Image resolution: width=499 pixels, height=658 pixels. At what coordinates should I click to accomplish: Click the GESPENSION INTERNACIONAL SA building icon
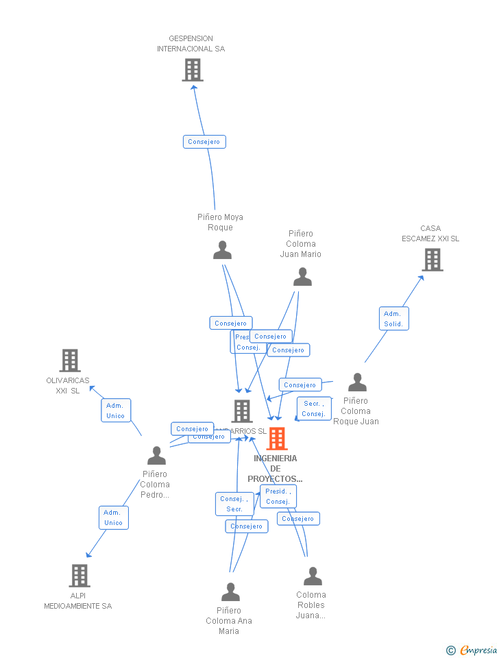tap(193, 70)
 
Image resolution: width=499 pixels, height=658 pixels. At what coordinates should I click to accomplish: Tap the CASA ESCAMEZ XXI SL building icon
tap(432, 260)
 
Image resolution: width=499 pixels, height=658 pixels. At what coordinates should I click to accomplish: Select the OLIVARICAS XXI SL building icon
tap(69, 361)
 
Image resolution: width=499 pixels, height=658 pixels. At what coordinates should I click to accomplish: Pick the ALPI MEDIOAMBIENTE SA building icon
tap(80, 576)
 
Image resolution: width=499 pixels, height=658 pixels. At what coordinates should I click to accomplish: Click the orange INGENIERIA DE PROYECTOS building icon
tap(277, 439)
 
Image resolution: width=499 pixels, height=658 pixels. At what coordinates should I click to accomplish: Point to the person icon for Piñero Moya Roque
tap(222, 250)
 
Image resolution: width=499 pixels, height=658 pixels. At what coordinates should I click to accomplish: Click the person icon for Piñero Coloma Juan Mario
tap(302, 277)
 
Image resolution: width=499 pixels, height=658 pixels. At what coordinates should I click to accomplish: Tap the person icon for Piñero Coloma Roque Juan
tap(357, 382)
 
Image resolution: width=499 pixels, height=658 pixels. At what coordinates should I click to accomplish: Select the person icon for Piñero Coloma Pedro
tap(156, 456)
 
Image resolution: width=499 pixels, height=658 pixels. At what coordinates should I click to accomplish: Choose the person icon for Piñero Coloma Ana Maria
tap(230, 592)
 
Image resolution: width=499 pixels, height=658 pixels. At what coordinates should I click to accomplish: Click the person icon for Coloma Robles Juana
tap(313, 576)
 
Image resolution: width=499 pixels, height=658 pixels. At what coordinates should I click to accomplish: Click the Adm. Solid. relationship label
tap(393, 319)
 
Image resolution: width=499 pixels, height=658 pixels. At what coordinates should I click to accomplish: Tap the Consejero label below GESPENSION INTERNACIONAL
tap(204, 142)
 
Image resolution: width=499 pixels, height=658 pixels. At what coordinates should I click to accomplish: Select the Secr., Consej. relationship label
tap(313, 409)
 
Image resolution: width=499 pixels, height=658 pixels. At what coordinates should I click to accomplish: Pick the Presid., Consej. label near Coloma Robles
tap(278, 496)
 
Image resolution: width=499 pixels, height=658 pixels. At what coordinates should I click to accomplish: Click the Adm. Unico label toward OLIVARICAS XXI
tap(115, 411)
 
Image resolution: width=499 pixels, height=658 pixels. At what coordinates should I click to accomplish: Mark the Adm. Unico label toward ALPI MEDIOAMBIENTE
tap(113, 517)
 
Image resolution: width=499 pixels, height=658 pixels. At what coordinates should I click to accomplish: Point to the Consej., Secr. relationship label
tap(234, 504)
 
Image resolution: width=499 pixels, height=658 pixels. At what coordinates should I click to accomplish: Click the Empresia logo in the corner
tap(472, 650)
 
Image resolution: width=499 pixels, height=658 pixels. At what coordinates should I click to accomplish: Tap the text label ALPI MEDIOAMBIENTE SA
tap(77, 601)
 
